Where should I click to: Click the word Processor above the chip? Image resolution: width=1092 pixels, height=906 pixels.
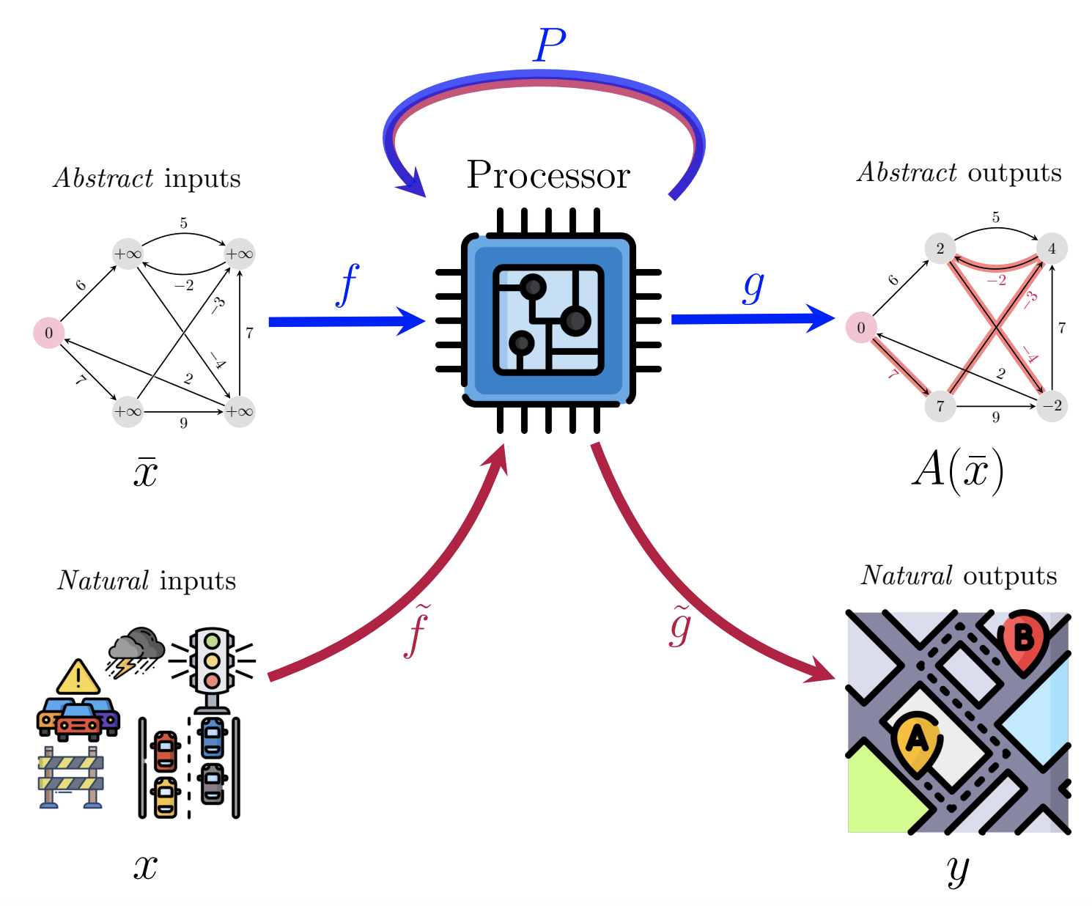[x=548, y=175]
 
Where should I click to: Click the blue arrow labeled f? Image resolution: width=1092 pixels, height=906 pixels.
[x=344, y=322]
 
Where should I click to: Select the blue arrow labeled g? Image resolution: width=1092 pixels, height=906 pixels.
[x=751, y=319]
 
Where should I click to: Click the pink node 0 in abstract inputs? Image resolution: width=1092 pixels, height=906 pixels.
[x=49, y=333]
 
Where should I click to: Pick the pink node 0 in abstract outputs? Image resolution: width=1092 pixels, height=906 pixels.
[x=861, y=328]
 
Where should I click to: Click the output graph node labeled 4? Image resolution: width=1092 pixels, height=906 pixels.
[x=1052, y=248]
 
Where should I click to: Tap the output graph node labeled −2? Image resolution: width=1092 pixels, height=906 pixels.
[x=1052, y=406]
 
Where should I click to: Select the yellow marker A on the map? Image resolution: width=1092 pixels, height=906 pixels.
[x=916, y=740]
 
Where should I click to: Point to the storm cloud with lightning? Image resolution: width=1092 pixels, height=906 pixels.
[x=136, y=649]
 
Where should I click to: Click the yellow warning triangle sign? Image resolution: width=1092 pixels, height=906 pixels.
[x=78, y=678]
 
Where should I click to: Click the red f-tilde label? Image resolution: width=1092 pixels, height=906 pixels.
[x=418, y=631]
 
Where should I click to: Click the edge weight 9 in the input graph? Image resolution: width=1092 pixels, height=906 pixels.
[x=183, y=423]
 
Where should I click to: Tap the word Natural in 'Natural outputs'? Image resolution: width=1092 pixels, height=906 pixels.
[x=907, y=576]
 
